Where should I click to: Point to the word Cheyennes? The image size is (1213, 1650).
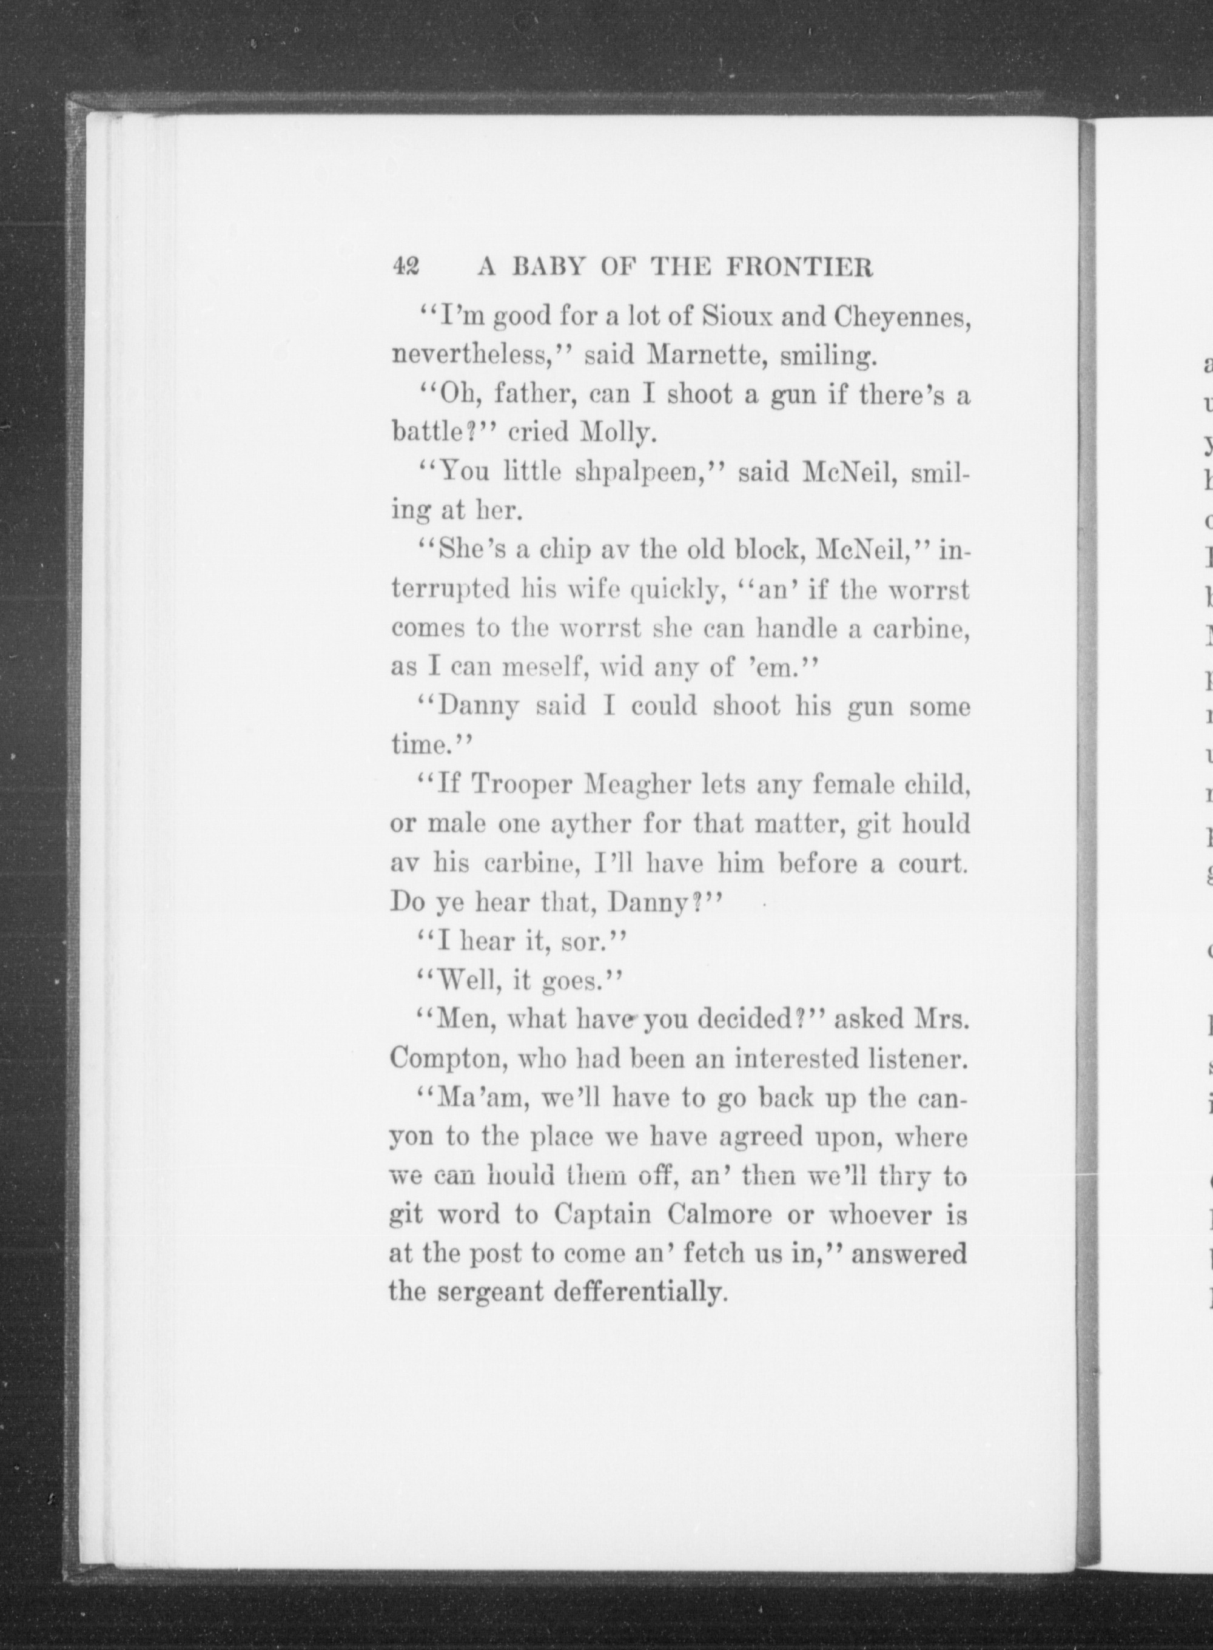coord(902,317)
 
